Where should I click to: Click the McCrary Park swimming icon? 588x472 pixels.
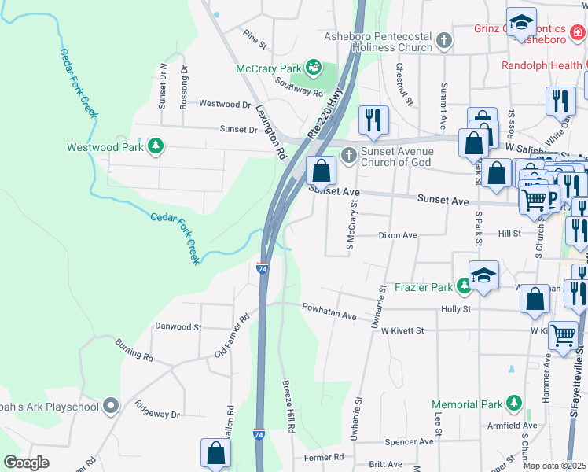tap(314, 68)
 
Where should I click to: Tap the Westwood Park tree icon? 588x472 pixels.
tap(156, 146)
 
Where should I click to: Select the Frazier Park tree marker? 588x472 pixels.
tap(464, 287)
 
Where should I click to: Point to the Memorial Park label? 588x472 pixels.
tap(467, 404)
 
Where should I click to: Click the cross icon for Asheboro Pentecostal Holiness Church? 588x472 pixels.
tap(444, 41)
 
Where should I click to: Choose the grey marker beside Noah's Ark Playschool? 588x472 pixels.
tap(111, 406)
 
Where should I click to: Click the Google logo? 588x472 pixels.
tap(26, 463)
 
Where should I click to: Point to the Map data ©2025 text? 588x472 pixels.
tap(554, 466)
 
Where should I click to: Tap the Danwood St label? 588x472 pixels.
tap(178, 326)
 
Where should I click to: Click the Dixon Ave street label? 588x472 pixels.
tap(398, 235)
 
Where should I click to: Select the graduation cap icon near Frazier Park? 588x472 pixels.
tap(484, 275)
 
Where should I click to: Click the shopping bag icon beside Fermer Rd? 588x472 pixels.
tap(215, 452)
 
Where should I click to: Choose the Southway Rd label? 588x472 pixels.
tap(300, 87)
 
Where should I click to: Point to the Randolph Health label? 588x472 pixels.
tap(534, 65)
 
